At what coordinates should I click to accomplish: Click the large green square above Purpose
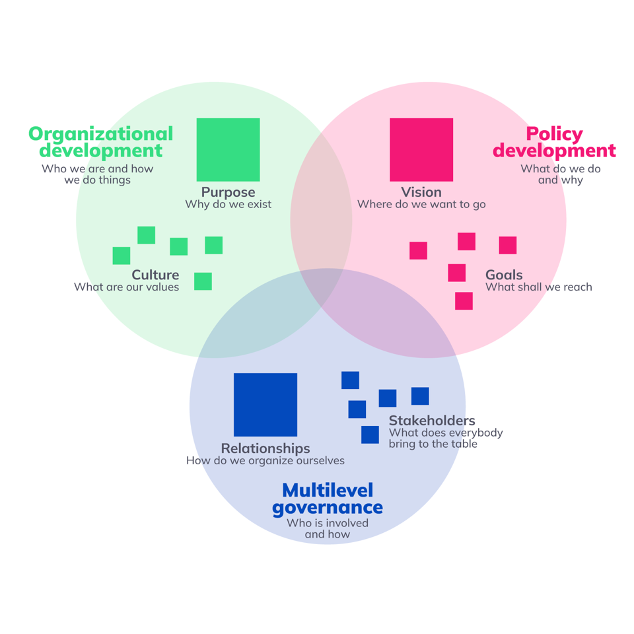228,149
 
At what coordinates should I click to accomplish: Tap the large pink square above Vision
421,149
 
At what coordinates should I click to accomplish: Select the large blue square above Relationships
265,405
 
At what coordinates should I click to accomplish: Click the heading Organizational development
101,142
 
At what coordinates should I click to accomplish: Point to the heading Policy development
554,142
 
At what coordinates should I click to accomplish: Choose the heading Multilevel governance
328,499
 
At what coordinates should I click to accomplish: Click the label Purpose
228,192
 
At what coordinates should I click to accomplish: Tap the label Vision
421,192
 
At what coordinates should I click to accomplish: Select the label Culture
155,275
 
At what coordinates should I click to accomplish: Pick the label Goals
504,275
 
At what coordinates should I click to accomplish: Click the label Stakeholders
432,420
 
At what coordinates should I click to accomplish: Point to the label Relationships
265,448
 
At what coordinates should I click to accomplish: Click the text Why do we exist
228,204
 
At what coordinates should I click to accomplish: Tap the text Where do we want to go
421,204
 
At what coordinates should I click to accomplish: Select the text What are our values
126,287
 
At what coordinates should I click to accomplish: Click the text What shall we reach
539,287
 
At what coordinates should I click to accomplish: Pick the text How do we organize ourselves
265,460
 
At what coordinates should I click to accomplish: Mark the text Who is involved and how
328,528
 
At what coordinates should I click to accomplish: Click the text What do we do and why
561,174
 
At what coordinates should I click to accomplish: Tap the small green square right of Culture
203,281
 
